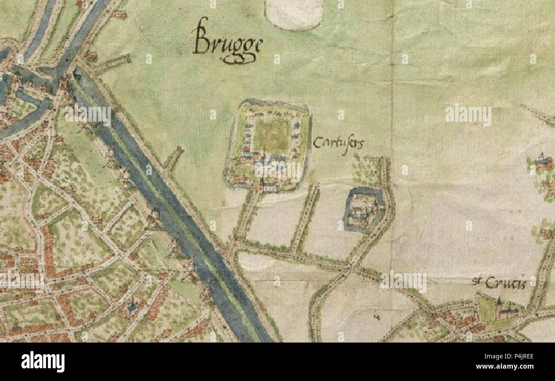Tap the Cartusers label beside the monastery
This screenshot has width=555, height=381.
(338, 143)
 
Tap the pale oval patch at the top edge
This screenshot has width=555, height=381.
(294, 14)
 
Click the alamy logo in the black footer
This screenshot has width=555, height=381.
(43, 361)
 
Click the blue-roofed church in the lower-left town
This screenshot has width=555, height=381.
(133, 307)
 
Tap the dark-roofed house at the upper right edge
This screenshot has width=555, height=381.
(541, 161)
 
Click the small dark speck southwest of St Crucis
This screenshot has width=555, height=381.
(377, 317)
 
